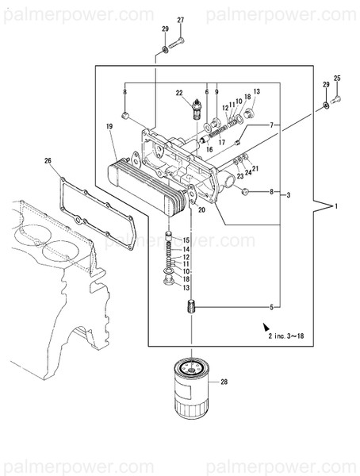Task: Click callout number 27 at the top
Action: point(180,20)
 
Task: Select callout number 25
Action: point(336,78)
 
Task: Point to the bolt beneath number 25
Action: point(336,99)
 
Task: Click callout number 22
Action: point(179,93)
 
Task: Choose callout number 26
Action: point(48,161)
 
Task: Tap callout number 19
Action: point(109,126)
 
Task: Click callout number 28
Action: point(224,382)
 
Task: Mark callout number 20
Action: point(201,210)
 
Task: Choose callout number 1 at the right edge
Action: point(335,206)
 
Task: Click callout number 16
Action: point(209,148)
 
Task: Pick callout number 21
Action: point(255,168)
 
